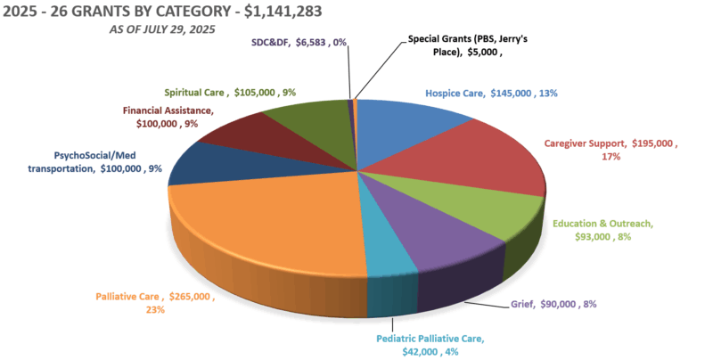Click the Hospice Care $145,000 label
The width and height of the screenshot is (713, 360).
pos(490,92)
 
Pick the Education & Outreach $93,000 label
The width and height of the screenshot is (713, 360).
pos(602,230)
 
